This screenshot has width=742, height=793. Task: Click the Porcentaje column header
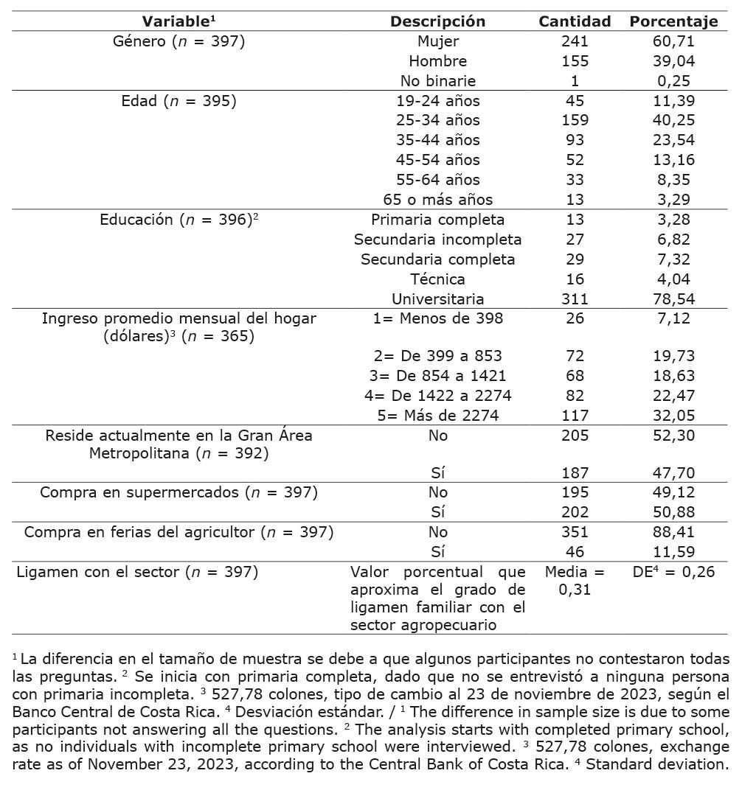click(x=673, y=21)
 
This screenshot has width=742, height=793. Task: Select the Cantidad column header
click(x=575, y=21)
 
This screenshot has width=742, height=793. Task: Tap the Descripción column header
click(x=437, y=21)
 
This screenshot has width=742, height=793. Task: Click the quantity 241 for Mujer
click(x=575, y=41)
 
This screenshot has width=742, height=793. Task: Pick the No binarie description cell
click(x=437, y=81)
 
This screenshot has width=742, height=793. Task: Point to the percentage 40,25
click(x=673, y=120)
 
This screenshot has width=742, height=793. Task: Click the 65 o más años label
click(x=437, y=200)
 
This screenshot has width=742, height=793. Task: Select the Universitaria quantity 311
click(x=575, y=298)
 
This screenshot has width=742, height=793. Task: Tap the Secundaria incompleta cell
click(x=437, y=240)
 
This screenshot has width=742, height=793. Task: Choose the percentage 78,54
click(x=673, y=298)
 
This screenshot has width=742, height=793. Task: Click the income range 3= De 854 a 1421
click(x=437, y=376)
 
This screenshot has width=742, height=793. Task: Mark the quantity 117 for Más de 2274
click(x=575, y=416)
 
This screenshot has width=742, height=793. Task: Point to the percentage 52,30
click(x=673, y=436)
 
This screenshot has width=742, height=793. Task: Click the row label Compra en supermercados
click(x=178, y=492)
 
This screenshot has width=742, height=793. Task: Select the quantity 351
click(x=575, y=532)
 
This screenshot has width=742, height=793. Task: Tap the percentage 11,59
click(x=673, y=552)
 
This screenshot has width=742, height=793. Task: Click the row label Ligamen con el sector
click(x=137, y=572)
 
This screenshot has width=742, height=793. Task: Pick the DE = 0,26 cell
click(x=673, y=572)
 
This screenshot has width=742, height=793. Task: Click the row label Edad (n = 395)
click(x=178, y=101)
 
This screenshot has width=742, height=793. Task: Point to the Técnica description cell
click(x=437, y=279)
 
